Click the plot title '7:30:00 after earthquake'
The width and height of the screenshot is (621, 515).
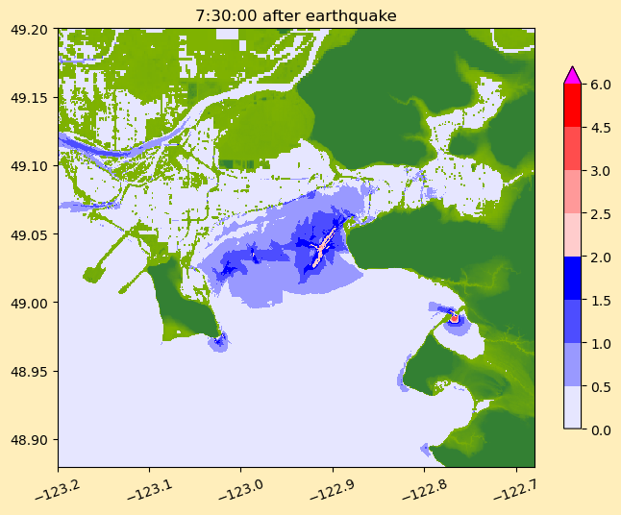[x=296, y=15]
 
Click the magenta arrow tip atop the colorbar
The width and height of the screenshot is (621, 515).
[x=572, y=75]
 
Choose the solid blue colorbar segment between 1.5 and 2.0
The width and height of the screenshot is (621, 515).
[x=572, y=279]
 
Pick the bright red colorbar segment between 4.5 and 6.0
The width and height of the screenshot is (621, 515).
[x=572, y=106]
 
